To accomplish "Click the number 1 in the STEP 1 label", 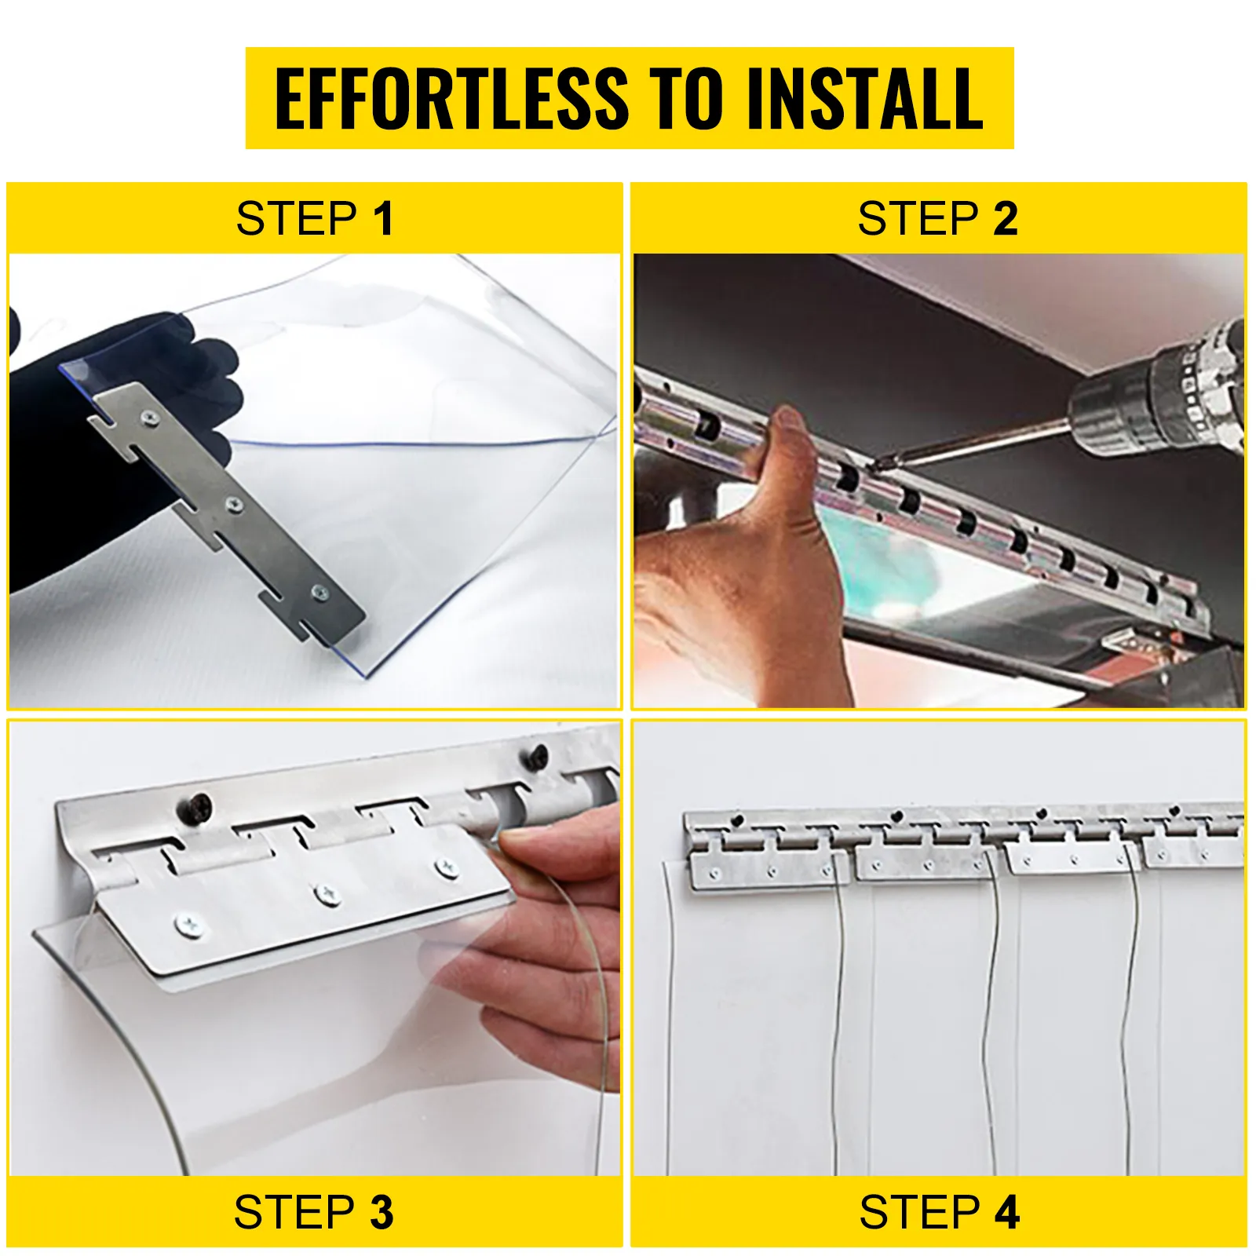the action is click(x=383, y=218).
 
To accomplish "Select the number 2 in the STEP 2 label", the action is click(x=1006, y=218).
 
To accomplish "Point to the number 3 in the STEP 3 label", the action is click(x=382, y=1212).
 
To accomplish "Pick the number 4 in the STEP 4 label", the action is click(x=1006, y=1212).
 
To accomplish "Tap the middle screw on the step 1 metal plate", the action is click(x=234, y=505).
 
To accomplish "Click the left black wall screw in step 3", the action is click(x=195, y=808).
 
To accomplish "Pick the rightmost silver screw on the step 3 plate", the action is click(x=447, y=867).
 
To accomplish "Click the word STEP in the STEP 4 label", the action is click(x=920, y=1212).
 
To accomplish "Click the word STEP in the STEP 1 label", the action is click(x=297, y=218).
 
